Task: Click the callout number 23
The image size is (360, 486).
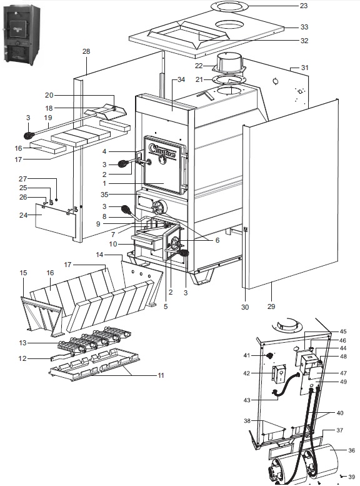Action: click(x=304, y=6)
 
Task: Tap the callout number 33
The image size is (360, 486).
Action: click(x=304, y=28)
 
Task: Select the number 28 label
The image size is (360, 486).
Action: click(x=86, y=51)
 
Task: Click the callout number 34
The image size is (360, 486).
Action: click(x=182, y=80)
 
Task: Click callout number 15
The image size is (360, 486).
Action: click(x=24, y=273)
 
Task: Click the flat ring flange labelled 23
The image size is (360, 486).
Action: click(x=229, y=6)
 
